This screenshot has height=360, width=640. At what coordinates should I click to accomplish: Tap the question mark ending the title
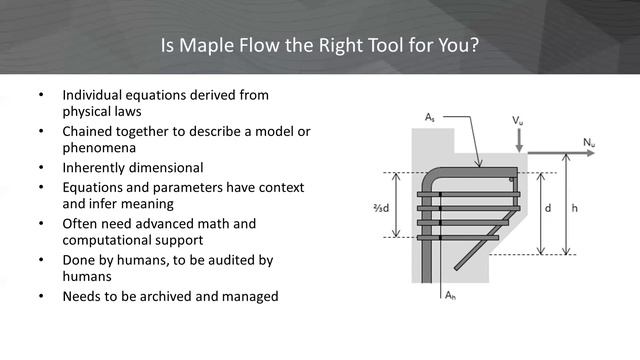pyautogui.click(x=476, y=46)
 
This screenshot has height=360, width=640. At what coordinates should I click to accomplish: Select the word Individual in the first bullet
pyautogui.click(x=94, y=95)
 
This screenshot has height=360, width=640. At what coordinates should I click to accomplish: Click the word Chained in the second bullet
pyautogui.click(x=87, y=131)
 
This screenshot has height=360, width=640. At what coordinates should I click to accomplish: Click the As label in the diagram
pyautogui.click(x=430, y=118)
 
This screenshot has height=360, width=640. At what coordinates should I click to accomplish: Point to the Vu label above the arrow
pyautogui.click(x=518, y=120)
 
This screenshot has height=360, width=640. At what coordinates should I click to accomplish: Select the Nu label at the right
pyautogui.click(x=589, y=143)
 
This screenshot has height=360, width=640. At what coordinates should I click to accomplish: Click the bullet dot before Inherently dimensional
pyautogui.click(x=41, y=167)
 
